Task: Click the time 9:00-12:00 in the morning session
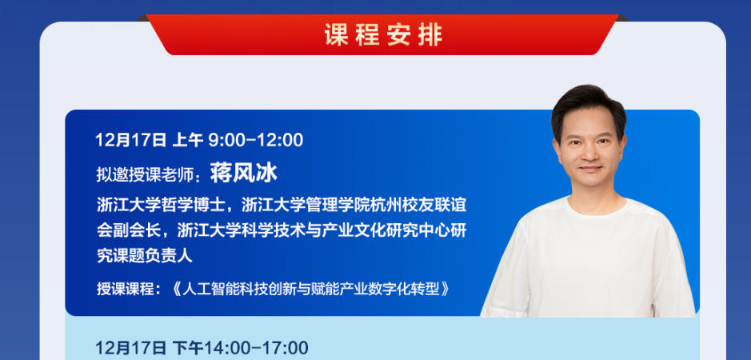(x=256, y=140)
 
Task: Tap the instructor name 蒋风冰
(x=243, y=172)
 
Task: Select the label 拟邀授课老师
(x=145, y=174)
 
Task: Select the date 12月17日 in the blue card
(x=130, y=140)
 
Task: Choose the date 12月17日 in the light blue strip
(x=130, y=348)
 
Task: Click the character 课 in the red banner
(x=337, y=35)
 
